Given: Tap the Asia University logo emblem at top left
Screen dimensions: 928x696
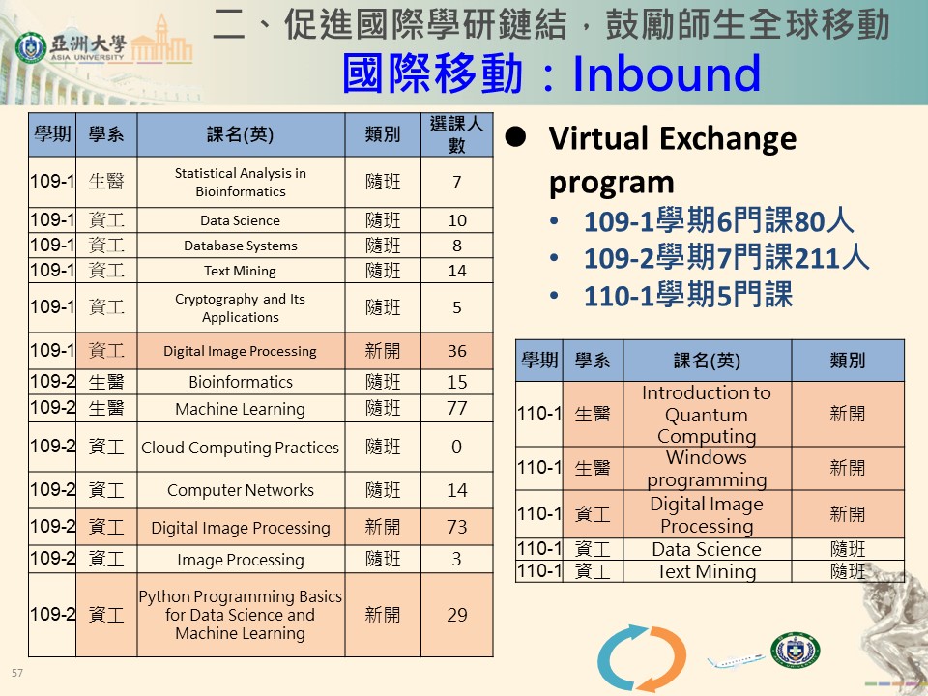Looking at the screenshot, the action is tap(31, 47).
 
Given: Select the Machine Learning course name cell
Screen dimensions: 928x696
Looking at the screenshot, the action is tap(241, 408).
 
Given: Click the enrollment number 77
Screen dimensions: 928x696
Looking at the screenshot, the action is tap(457, 408).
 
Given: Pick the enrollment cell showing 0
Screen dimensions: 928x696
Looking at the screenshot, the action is tap(457, 447).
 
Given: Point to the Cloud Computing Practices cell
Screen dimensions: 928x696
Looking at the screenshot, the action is tap(241, 447).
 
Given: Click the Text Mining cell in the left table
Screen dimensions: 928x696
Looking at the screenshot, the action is tap(241, 271).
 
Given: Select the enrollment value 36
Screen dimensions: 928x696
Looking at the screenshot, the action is tap(457, 351).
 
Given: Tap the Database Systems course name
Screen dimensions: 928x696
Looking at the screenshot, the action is tap(241, 246).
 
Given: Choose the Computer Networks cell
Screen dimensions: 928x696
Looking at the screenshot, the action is tap(241, 490).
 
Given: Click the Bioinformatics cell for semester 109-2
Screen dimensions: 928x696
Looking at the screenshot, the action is tap(241, 382).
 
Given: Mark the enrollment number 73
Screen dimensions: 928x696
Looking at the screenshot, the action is tap(457, 527).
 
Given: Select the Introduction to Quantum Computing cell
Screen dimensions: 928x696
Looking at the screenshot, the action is tap(707, 414).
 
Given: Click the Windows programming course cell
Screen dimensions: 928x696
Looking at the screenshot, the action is tap(707, 468).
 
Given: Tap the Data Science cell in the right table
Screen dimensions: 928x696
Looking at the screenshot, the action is tap(707, 549).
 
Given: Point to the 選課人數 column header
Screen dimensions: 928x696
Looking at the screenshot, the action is tap(457, 134).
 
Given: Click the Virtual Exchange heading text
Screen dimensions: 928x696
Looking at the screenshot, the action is tap(673, 138).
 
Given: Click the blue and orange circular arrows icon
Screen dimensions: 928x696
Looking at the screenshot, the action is tap(642, 657).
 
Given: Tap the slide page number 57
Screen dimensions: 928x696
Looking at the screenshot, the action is tap(17, 673).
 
